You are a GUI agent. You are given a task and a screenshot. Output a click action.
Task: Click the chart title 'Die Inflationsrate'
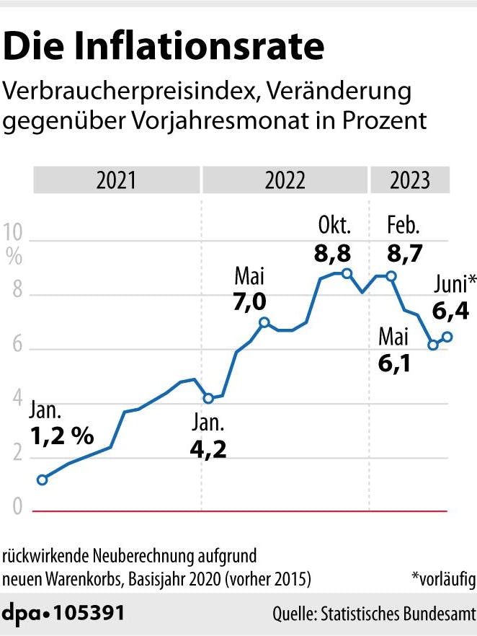pos(164,46)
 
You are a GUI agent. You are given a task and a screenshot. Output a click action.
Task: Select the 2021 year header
pos(116,180)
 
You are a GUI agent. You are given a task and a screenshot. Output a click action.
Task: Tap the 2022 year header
pos(285,180)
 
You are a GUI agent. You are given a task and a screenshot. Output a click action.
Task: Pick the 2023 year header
pos(409,180)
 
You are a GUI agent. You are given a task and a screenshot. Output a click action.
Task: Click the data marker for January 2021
pos(42,480)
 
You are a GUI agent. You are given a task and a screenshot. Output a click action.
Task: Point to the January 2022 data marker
pos(208,398)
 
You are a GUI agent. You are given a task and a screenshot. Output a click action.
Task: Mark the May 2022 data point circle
pos(264,322)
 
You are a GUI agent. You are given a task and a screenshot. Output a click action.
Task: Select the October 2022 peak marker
pos(347,273)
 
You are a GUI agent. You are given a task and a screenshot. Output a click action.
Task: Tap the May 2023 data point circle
pos(433,345)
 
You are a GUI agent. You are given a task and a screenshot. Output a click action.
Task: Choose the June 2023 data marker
pos(447,337)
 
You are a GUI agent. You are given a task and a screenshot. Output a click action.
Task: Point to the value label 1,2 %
pos(61,436)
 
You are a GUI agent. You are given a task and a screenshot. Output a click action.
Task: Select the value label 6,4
pos(452,312)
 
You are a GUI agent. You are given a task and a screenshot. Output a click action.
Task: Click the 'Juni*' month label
pos(454,284)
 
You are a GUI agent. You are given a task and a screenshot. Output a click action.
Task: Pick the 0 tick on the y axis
pos(15,509)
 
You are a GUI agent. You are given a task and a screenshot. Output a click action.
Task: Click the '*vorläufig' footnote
pos(442,578)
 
